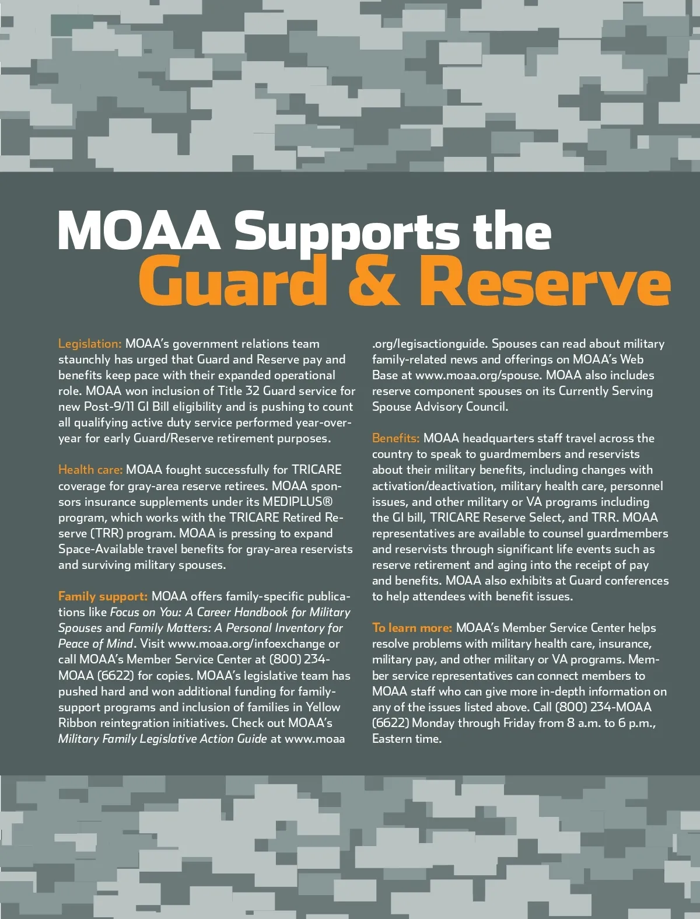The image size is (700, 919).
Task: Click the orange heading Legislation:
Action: tap(90, 344)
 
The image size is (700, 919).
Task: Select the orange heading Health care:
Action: tap(90, 470)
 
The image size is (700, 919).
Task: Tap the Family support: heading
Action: tap(103, 596)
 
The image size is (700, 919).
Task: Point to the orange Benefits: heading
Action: tap(395, 438)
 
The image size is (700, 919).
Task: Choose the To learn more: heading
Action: tap(412, 628)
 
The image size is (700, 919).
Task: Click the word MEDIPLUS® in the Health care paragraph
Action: tap(297, 502)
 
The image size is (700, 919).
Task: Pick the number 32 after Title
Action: tap(252, 391)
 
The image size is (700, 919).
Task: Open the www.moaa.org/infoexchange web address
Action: tap(246, 644)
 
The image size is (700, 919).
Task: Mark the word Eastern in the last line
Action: tap(394, 739)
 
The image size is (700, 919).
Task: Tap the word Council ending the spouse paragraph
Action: tap(486, 407)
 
